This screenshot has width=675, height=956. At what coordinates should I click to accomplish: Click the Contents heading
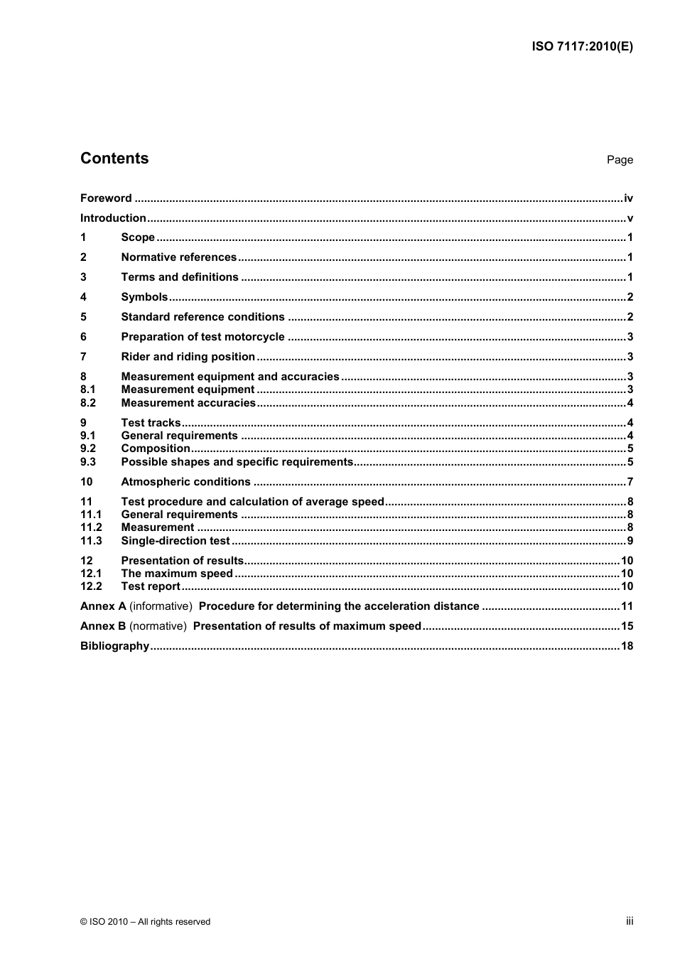click(114, 159)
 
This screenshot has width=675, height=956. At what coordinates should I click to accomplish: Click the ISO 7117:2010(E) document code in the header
click(582, 47)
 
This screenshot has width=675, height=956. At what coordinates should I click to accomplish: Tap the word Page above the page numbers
click(620, 160)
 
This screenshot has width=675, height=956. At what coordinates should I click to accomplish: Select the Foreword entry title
click(106, 198)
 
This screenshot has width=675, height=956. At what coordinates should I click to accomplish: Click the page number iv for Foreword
click(628, 198)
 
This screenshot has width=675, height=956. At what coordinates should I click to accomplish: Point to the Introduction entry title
click(113, 218)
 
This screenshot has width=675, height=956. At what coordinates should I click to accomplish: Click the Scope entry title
click(138, 237)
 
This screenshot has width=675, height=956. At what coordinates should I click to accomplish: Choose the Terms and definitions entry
click(180, 277)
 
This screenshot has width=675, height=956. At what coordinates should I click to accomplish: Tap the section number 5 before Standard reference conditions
click(84, 317)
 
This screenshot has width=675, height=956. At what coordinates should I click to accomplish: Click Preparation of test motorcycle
click(202, 337)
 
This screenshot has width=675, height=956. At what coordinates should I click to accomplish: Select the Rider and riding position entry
click(188, 357)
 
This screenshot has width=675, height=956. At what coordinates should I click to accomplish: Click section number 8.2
click(88, 403)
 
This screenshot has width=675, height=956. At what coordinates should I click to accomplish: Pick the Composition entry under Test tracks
click(156, 449)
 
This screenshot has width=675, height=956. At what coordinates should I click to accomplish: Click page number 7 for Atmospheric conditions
click(630, 482)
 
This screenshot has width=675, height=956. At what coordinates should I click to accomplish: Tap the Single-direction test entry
click(175, 541)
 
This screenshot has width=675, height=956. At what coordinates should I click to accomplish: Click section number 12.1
click(91, 574)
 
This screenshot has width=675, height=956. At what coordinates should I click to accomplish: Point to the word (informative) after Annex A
click(161, 606)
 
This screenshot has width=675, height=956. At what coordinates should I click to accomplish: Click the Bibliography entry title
click(114, 646)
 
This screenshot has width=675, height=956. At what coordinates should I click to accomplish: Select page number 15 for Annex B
click(627, 626)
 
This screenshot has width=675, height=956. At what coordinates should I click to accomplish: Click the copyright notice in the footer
click(146, 922)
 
